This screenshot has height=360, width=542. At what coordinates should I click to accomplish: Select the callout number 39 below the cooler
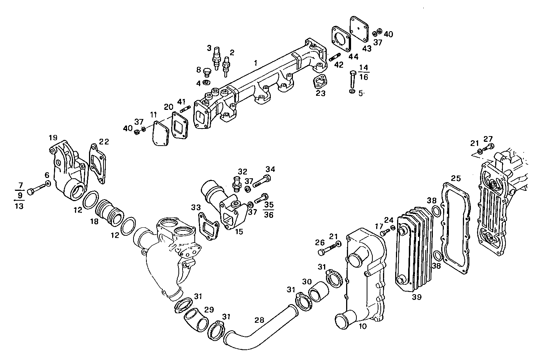click(416, 297)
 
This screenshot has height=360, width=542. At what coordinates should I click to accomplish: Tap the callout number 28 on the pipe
click(259, 320)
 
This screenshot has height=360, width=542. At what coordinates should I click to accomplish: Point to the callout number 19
click(52, 137)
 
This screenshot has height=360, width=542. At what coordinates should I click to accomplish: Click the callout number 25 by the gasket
click(456, 178)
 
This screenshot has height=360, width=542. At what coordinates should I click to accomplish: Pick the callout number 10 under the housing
click(362, 326)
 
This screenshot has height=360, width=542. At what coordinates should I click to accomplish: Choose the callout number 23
click(321, 93)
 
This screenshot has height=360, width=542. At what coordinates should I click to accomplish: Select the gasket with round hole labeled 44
click(341, 38)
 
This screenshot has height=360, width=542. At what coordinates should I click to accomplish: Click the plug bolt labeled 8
click(207, 72)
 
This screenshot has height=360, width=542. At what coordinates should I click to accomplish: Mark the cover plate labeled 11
click(159, 133)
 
